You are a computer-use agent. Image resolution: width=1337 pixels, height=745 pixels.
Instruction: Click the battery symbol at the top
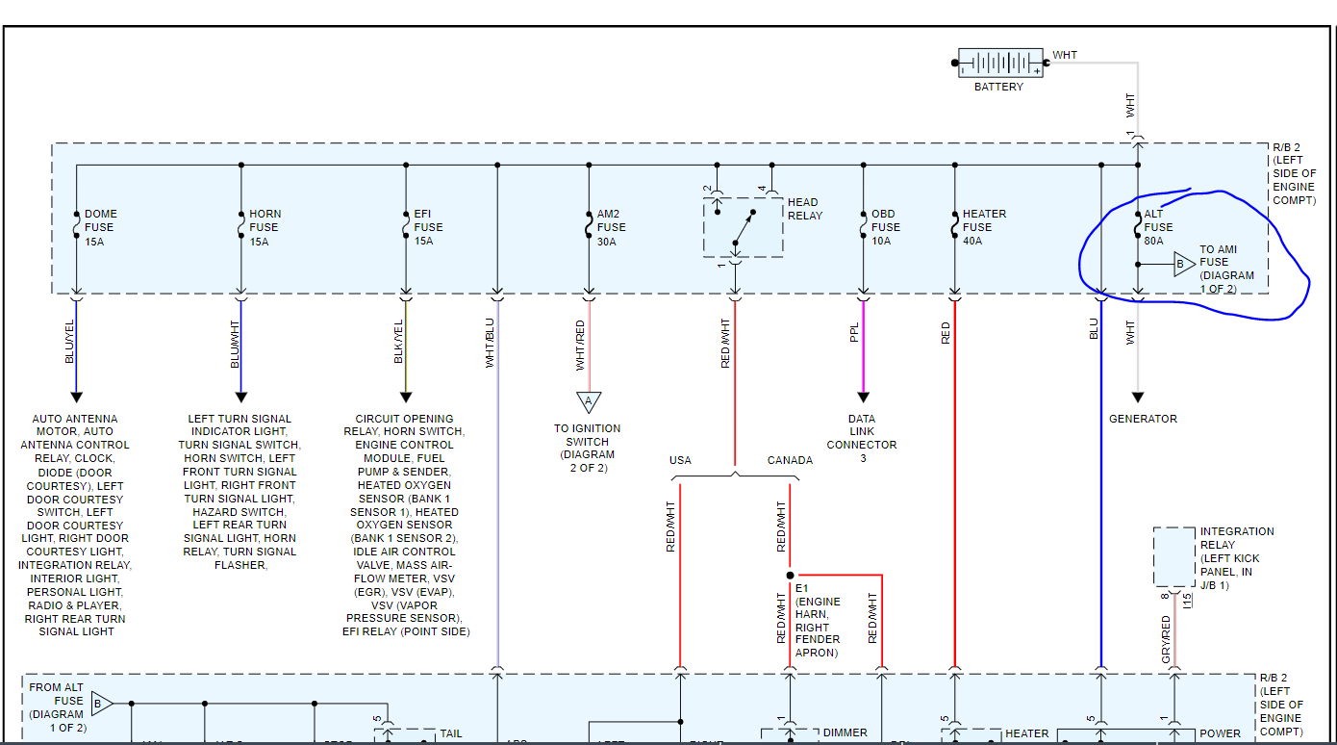coord(999,64)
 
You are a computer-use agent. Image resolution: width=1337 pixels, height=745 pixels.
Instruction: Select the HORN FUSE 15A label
coord(265,227)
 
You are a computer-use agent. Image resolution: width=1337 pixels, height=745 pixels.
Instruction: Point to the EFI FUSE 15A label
coord(428,227)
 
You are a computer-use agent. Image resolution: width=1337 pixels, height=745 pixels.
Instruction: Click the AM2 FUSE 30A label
coord(611,227)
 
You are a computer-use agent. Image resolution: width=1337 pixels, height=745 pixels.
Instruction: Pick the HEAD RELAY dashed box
coord(743,227)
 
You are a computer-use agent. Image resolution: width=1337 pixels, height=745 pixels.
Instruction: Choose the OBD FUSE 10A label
coord(885,227)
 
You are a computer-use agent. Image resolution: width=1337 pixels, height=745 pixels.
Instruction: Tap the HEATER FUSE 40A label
coord(984,227)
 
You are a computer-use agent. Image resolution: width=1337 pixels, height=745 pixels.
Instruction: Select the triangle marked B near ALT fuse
coord(1182,264)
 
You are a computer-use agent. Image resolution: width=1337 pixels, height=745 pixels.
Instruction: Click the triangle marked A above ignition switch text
coord(588,401)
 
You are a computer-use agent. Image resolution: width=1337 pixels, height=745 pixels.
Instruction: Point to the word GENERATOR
coord(1143,419)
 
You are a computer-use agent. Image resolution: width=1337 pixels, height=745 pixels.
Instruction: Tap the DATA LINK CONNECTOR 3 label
coord(862,438)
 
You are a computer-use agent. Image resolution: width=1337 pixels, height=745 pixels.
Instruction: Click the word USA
coord(680,460)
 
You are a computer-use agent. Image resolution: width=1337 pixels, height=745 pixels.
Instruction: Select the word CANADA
coord(790,460)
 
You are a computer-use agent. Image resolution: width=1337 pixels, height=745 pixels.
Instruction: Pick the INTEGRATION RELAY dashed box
coord(1174,556)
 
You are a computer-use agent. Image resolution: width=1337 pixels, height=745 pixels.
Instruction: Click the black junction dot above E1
coord(790,575)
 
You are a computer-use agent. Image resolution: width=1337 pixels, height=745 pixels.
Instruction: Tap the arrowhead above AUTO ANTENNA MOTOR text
coord(76,397)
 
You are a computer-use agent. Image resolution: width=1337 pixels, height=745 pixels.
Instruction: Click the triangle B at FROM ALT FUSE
coord(102,704)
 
